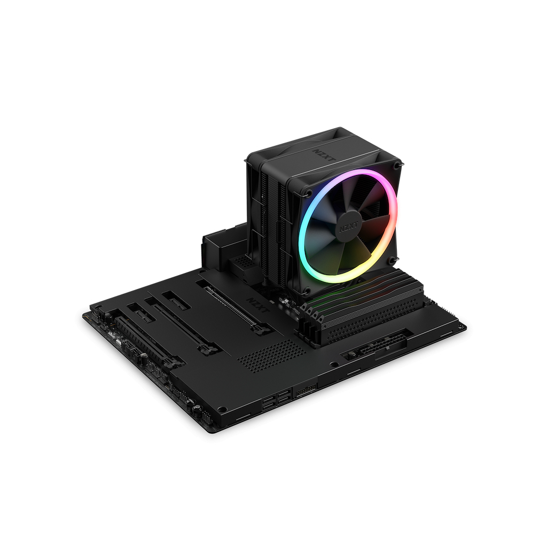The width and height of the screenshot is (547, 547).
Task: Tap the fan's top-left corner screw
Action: (309, 192)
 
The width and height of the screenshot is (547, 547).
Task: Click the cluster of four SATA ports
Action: (277, 400)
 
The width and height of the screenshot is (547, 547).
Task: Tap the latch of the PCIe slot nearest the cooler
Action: (260, 330)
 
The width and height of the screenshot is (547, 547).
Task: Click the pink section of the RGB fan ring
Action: (393, 214)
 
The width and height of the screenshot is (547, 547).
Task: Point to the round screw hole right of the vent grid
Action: (334, 365)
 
